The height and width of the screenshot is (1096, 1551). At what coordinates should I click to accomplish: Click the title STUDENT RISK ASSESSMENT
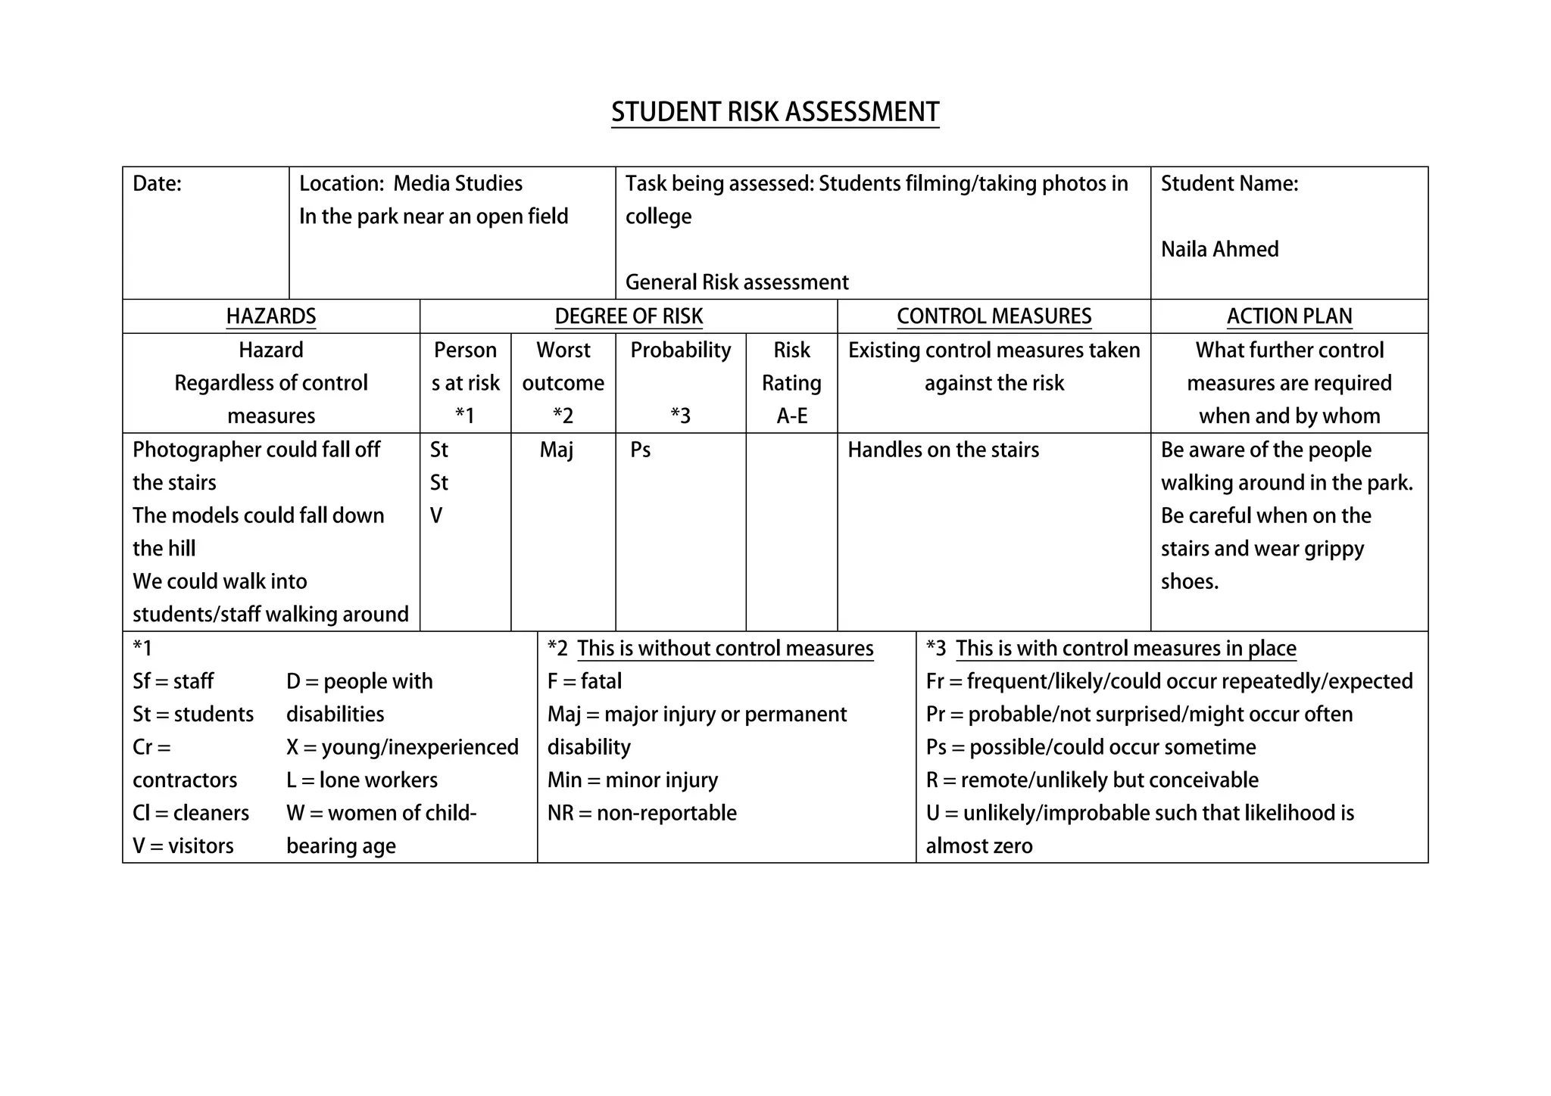point(775,112)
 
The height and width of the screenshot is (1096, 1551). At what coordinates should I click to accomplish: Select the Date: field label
point(157,184)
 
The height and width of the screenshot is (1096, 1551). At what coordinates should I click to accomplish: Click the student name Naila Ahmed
point(1219,249)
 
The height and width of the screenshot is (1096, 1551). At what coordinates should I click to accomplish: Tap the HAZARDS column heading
point(271,316)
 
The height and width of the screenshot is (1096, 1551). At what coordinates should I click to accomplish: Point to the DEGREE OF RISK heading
point(629,316)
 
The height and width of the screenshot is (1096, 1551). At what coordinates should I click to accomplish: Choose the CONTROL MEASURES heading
point(994,316)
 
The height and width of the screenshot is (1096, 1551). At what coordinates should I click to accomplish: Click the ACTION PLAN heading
point(1289,316)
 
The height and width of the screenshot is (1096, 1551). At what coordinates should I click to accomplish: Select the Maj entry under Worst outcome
point(556,450)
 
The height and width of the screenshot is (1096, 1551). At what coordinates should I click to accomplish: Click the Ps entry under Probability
point(640,450)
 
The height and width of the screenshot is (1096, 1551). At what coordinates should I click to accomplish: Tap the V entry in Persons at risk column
point(436,516)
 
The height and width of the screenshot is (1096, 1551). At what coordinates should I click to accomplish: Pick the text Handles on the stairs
point(943,450)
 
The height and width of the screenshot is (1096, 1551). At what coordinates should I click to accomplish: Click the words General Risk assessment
point(736,282)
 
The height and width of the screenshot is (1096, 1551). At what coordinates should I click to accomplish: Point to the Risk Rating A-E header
point(791,383)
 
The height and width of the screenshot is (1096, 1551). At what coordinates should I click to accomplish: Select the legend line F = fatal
point(584,681)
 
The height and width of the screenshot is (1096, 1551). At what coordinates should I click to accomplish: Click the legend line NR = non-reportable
point(641,813)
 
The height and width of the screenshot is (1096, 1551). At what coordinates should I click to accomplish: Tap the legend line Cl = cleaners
point(190,813)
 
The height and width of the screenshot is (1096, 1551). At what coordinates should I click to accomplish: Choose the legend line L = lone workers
point(362,780)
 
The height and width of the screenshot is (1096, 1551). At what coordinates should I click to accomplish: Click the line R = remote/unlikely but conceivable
point(1091,780)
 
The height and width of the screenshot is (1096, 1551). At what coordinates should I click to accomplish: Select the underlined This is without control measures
point(725,649)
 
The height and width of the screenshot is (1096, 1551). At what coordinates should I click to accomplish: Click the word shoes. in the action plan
point(1189,582)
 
